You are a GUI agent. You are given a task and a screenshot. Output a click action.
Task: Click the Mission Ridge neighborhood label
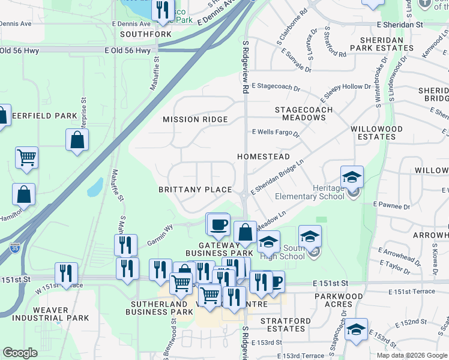tap(196, 119)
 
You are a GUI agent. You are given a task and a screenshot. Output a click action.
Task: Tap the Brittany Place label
tap(195, 190)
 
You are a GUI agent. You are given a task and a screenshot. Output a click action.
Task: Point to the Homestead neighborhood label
tap(264, 157)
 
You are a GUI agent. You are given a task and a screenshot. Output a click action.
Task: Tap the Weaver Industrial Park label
tap(50, 314)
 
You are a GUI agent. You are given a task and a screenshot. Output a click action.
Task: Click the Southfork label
tap(146, 34)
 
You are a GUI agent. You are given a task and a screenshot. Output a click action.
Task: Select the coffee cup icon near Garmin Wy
tap(218, 224)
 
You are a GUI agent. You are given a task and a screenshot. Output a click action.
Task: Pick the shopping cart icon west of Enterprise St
tap(26, 158)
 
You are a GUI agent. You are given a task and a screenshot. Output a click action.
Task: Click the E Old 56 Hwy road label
tap(127, 51)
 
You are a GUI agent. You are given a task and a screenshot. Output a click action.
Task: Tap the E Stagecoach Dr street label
tap(276, 88)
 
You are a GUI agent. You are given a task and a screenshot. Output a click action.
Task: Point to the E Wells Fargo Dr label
tap(275, 132)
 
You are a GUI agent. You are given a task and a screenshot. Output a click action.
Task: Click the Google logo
tap(20, 353)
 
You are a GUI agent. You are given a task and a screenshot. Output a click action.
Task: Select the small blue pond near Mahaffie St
tap(95, 187)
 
